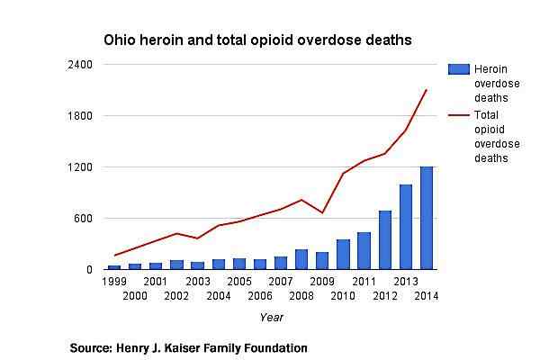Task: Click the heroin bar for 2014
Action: coord(426,218)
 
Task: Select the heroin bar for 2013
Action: coord(406,227)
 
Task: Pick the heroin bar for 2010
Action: coord(343,254)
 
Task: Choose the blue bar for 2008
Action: coord(301,259)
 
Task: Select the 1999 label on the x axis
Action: coord(113,282)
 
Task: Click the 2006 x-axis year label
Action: coord(260,296)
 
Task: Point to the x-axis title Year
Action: coord(271,317)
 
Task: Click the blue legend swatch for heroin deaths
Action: coord(459,70)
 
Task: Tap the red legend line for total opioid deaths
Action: coord(459,115)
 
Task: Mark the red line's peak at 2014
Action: coord(426,90)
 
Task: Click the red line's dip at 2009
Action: coord(322,212)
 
